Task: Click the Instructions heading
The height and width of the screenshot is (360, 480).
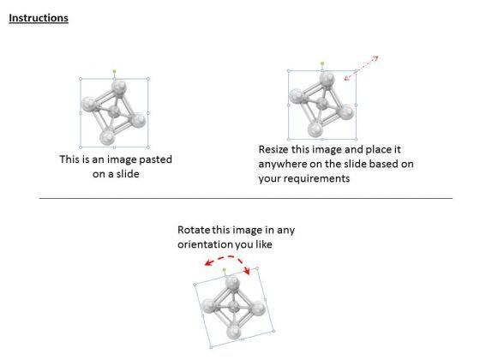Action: coord(39,18)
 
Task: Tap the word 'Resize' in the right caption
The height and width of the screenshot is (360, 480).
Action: coord(273,150)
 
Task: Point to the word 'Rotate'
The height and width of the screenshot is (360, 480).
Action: coord(194,230)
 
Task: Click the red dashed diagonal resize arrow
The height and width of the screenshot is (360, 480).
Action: coord(362,68)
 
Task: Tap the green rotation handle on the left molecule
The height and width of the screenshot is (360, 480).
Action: coord(114,71)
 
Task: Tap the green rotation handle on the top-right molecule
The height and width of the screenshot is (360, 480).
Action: coord(322,63)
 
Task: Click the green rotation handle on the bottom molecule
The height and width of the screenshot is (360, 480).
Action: coord(224,270)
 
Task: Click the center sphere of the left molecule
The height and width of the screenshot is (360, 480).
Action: coord(114,112)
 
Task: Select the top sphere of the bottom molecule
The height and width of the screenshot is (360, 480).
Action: coord(232,283)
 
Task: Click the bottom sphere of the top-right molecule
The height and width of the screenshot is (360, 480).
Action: coord(315,129)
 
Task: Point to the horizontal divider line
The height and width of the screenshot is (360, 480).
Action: coord(246,198)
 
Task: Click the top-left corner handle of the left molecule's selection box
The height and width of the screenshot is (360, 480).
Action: coord(81,79)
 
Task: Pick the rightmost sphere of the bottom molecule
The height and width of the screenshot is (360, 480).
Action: coord(257,309)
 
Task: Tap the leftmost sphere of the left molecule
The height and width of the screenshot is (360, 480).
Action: coord(89,104)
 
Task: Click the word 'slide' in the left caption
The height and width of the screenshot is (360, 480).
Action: coord(128,174)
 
